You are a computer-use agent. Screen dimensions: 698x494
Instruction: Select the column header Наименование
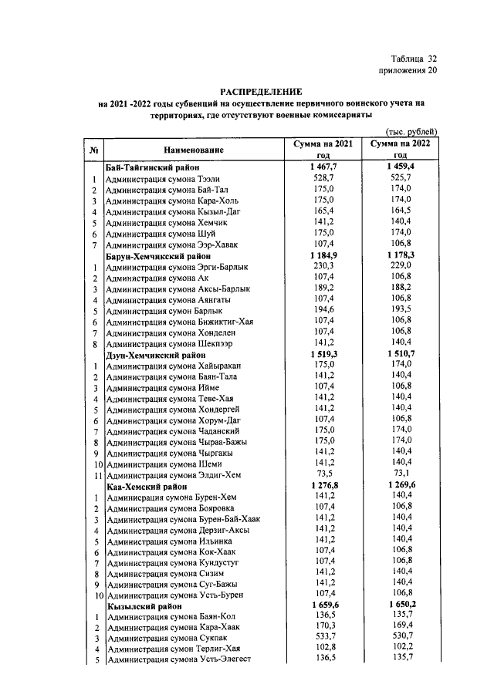194,149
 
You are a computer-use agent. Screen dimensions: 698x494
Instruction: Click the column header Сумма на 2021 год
323,149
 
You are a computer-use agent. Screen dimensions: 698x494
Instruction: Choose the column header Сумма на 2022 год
401,149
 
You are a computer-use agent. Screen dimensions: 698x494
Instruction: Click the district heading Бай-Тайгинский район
153,167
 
